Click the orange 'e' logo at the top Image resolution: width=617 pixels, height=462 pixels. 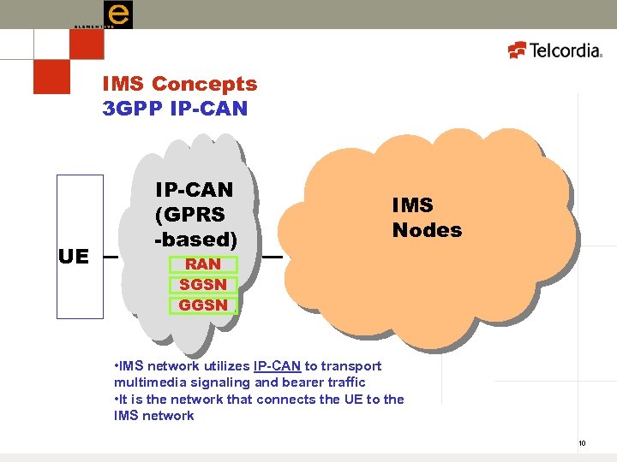tap(117, 15)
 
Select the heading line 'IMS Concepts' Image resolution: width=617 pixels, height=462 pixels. tap(179, 84)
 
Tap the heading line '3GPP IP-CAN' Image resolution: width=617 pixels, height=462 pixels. tap(175, 109)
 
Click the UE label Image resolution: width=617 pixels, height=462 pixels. tap(74, 256)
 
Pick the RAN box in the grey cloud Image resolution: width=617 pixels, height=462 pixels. tap(203, 264)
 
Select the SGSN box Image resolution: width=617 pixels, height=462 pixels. tap(203, 285)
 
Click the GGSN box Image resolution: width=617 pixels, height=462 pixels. tap(203, 305)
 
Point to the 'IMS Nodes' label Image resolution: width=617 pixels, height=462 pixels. tap(427, 217)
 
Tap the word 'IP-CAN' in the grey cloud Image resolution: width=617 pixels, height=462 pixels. tap(194, 189)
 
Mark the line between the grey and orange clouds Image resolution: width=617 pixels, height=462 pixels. tap(273, 256)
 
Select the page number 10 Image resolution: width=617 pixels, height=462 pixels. tap(582, 443)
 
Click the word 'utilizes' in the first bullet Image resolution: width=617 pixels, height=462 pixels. tap(226, 366)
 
